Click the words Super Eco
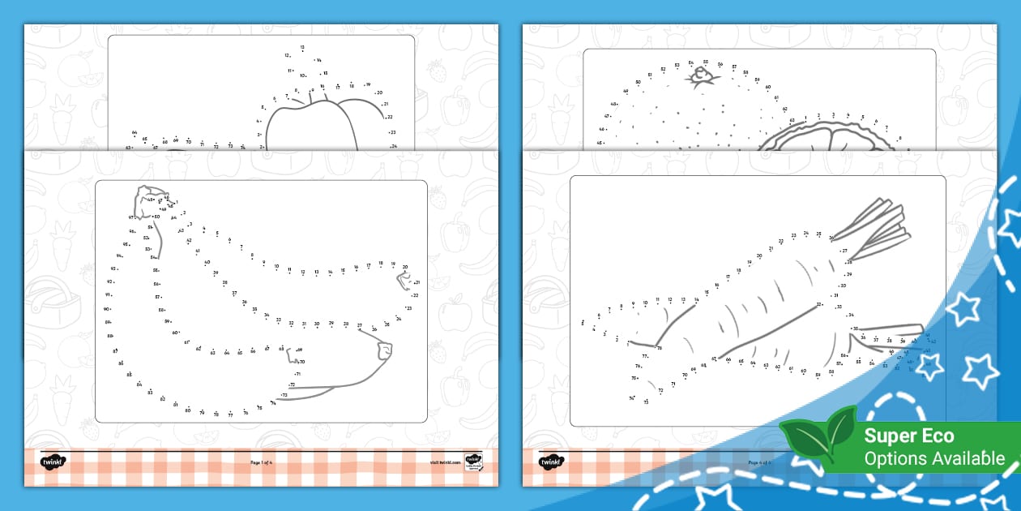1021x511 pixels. click(908, 436)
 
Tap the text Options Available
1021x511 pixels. click(933, 458)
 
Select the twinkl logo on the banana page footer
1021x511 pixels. click(53, 462)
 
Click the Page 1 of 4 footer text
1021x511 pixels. click(262, 462)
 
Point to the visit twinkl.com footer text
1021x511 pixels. click(445, 462)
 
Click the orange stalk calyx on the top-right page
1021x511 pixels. click(702, 76)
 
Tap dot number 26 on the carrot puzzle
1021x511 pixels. click(831, 238)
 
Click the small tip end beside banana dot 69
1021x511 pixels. click(384, 350)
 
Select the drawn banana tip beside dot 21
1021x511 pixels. click(403, 280)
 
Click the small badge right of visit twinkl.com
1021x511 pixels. click(473, 462)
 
